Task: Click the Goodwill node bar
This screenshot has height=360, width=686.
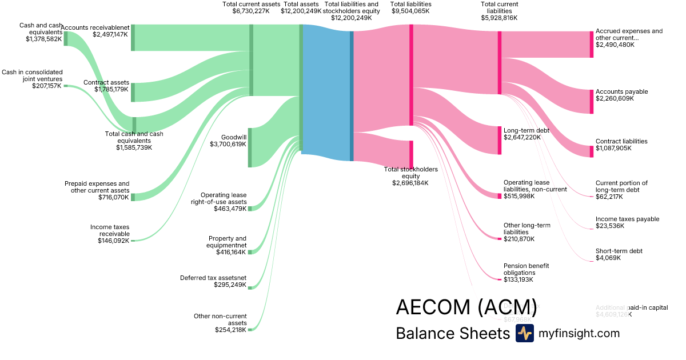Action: pos(250,147)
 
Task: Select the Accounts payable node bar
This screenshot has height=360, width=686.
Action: pos(592,101)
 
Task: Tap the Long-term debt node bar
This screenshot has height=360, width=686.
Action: pos(499,140)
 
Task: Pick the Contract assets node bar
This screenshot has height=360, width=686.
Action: pos(133,92)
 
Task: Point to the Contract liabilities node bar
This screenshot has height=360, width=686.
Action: pos(592,151)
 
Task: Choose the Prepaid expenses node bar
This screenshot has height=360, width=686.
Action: pos(133,197)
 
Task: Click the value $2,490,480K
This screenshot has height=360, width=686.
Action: pos(615,45)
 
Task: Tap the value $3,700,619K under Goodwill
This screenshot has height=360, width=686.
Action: pos(228,145)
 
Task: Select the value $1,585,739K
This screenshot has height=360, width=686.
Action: pos(134,147)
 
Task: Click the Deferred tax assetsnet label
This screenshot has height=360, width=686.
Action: pos(213,278)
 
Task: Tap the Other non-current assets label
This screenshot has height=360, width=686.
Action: pos(221,319)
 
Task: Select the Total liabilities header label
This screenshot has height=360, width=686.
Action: pos(411,4)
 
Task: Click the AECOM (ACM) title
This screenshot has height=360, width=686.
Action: pos(467,307)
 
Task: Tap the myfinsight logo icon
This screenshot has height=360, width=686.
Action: pos(524,333)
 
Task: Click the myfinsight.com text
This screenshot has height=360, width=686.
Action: pos(579,333)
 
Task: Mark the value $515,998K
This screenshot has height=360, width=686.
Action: pos(519,196)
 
